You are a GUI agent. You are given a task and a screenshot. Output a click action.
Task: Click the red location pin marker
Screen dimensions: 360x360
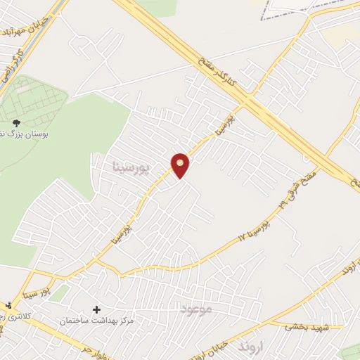tap(181, 165)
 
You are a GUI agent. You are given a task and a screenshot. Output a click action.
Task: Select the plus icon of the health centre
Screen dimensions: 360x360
tap(96, 309)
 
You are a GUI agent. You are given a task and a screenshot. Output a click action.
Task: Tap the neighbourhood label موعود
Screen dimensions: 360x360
tap(195, 309)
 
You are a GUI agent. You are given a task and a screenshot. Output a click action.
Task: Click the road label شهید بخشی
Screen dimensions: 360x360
tap(306, 326)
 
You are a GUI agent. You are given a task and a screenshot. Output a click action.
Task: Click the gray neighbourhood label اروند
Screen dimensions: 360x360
tap(249, 347)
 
